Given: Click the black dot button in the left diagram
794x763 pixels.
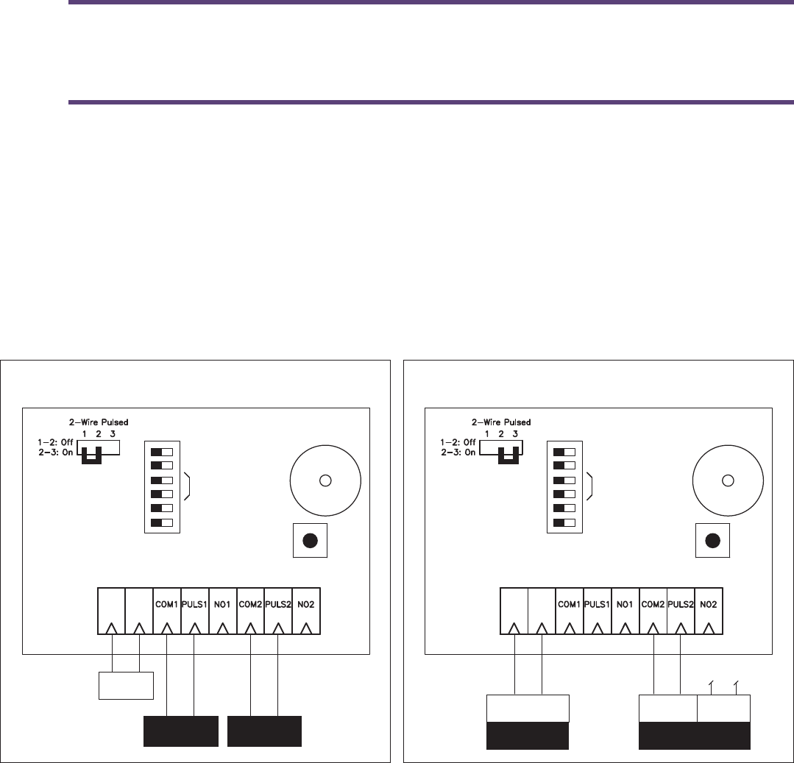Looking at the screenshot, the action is [310, 540].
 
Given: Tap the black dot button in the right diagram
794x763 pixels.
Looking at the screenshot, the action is [712, 540].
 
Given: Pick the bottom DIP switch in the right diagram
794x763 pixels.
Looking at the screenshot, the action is [564, 522].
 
